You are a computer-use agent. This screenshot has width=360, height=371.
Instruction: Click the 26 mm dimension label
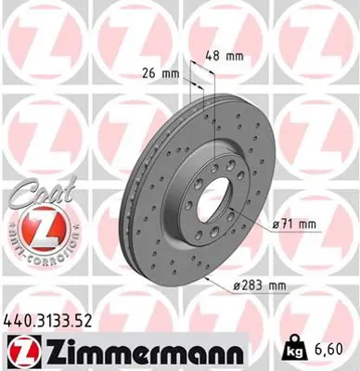pos(161,71)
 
